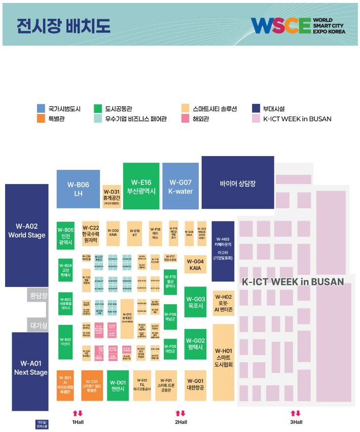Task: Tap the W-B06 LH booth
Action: [78, 189]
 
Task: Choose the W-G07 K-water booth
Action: [180, 186]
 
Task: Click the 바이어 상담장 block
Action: [237, 182]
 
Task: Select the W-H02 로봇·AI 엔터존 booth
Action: [223, 303]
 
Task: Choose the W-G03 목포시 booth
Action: [195, 302]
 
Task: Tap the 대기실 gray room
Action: [38, 325]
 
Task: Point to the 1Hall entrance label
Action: [78, 422]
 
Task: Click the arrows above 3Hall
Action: [296, 413]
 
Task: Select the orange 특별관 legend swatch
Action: [41, 119]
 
